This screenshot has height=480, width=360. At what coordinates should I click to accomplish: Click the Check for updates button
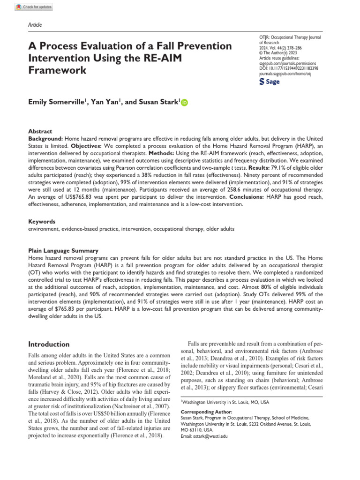coord(34,7)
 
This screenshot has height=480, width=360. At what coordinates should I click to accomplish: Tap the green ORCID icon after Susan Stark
coord(183,102)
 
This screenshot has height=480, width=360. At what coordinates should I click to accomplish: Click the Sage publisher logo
coord(270,82)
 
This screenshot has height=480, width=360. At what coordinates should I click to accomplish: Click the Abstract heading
coord(40,132)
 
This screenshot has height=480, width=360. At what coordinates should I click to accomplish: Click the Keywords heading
coord(42,221)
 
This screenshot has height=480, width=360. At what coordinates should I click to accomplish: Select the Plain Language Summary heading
coord(63,251)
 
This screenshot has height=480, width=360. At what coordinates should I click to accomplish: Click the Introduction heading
coord(49,344)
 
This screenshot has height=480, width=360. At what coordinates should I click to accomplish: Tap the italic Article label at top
coord(35,24)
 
